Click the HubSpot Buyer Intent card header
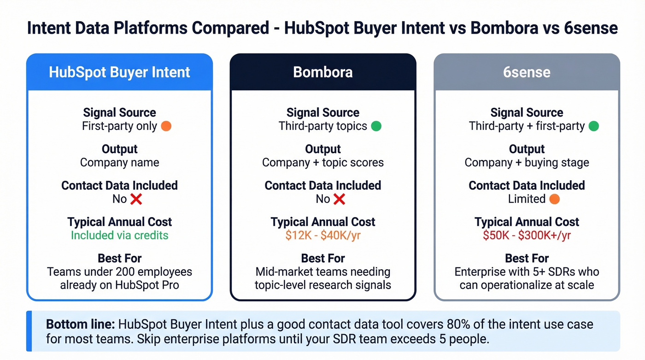(119, 72)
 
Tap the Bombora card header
(323, 72)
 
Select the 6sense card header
(527, 72)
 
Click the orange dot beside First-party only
(166, 126)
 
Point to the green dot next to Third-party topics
(376, 126)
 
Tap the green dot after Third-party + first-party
(594, 126)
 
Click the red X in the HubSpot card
(136, 199)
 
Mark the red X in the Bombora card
(339, 199)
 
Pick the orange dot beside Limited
(555, 199)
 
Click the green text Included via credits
(119, 235)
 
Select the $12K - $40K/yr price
(323, 235)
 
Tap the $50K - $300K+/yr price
(527, 235)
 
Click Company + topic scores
(323, 163)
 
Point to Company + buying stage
(527, 163)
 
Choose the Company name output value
(119, 163)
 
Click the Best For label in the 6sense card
(527, 258)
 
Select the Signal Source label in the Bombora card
(323, 112)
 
